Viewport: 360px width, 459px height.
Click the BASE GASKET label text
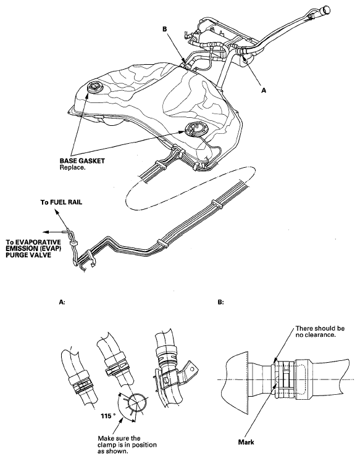82,160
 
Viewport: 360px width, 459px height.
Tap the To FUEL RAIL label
61,202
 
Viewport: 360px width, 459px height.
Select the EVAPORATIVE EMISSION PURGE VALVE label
34,249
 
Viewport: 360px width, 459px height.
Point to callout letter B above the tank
164,29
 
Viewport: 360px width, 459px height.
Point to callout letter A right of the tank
264,91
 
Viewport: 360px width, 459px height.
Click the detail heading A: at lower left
62,302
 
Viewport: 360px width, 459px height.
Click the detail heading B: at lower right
220,302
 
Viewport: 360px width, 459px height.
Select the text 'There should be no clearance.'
320,331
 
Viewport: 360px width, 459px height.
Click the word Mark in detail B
246,442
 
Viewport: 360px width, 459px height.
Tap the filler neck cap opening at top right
325,11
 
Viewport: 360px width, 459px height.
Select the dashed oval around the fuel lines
190,189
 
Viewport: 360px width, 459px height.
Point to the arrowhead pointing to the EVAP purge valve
45,232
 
